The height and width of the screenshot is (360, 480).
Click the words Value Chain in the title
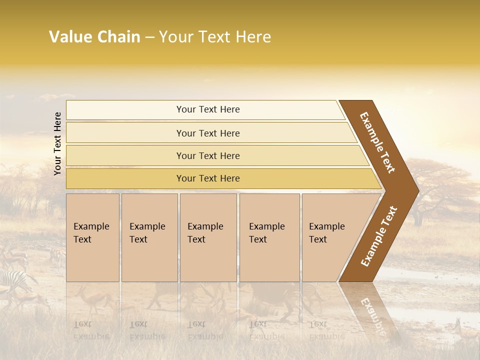94,37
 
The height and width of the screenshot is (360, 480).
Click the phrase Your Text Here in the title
215,37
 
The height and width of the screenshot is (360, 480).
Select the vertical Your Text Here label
57,143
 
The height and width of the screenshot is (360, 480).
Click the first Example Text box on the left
92,237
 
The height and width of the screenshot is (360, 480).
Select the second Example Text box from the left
149,237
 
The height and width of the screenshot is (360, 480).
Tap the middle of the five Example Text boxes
207,237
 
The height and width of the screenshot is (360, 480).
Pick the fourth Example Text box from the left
269,237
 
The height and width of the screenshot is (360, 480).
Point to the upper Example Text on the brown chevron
377,142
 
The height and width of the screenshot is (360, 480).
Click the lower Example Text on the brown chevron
378,236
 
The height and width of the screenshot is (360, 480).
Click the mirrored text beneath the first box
91,330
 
